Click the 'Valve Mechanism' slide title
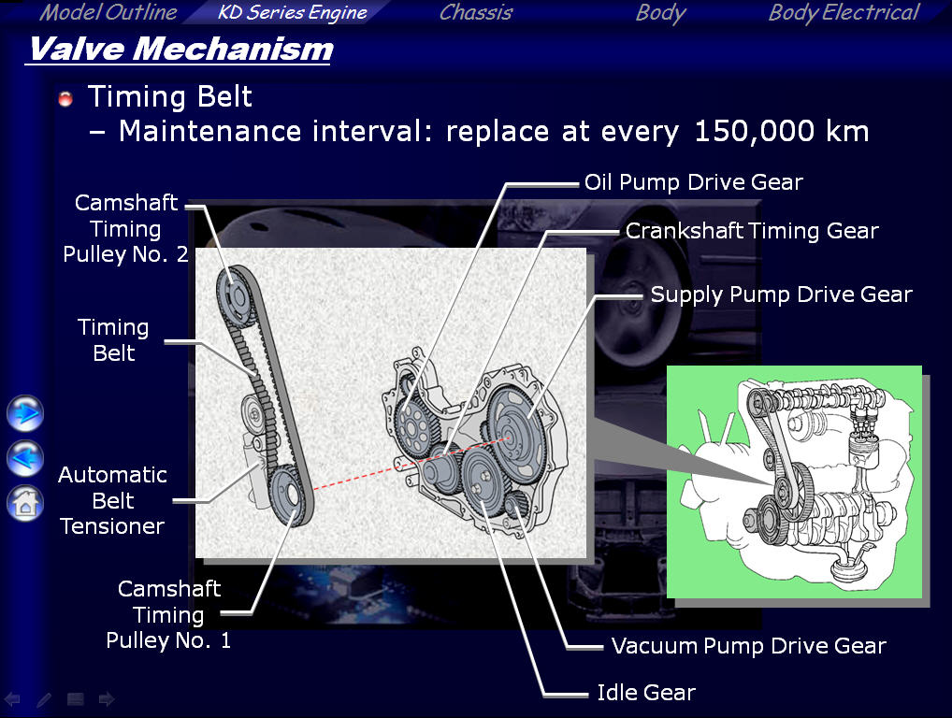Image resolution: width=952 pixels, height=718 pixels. click(180, 50)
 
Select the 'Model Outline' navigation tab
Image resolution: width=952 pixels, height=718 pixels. click(108, 12)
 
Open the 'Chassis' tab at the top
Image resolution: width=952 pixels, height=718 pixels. click(476, 12)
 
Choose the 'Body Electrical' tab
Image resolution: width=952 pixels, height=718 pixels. click(844, 12)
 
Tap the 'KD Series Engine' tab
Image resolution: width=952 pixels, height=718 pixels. click(292, 12)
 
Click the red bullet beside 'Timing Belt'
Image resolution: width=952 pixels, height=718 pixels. click(65, 98)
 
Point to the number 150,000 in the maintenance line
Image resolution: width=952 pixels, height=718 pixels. click(754, 131)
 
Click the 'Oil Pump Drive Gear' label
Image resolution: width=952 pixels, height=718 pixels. click(693, 182)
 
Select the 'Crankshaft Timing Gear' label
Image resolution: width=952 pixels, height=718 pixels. click(752, 231)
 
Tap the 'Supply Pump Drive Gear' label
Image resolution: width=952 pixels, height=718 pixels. click(782, 294)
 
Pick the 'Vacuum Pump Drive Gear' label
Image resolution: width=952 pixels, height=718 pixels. click(749, 646)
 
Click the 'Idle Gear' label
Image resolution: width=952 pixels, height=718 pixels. click(646, 693)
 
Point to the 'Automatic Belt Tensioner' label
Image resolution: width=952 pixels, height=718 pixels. click(112, 500)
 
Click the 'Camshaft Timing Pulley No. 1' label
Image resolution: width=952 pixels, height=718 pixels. click(168, 614)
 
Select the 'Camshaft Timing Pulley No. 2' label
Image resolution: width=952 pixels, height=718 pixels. click(125, 228)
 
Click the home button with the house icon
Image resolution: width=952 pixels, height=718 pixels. click(25, 503)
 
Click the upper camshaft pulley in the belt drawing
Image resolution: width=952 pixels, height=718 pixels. click(235, 296)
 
